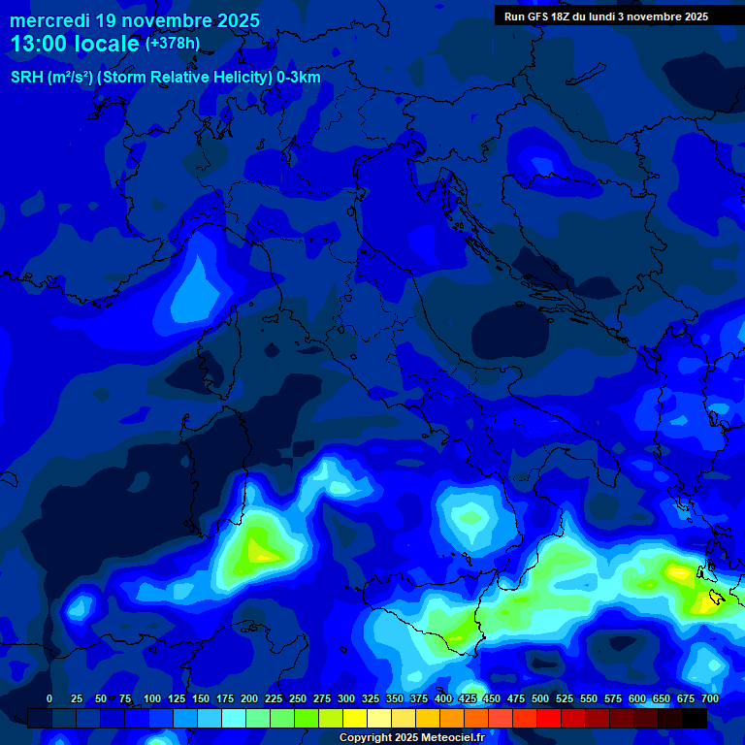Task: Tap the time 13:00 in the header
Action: [41, 45]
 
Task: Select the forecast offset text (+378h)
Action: [173, 44]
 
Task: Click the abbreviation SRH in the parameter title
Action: [26, 78]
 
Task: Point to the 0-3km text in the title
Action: [299, 78]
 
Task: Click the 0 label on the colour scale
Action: [49, 698]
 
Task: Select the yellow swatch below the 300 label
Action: [355, 718]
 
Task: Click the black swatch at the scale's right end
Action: [695, 718]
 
